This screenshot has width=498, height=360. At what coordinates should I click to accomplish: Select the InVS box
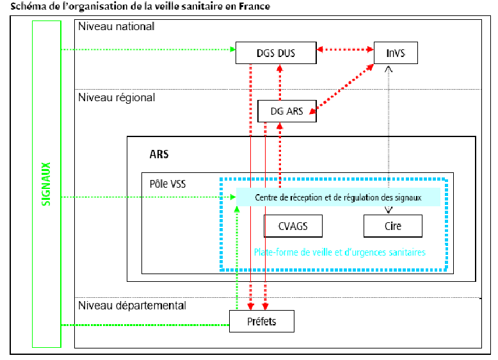pyautogui.click(x=396, y=53)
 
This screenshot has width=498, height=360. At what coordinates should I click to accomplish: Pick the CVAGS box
pyautogui.click(x=293, y=226)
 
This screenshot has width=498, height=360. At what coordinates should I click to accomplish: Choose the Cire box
pyautogui.click(x=393, y=226)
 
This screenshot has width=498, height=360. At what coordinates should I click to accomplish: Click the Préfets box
pyautogui.click(x=262, y=321)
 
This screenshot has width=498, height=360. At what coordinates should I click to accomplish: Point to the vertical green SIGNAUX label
pyautogui.click(x=46, y=184)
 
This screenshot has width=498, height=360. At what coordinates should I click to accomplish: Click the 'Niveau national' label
pyautogui.click(x=116, y=27)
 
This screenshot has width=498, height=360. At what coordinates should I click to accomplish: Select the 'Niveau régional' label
pyautogui.click(x=116, y=98)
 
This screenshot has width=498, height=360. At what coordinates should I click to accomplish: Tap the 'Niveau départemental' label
pyautogui.click(x=132, y=306)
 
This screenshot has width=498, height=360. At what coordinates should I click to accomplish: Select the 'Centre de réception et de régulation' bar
pyautogui.click(x=338, y=197)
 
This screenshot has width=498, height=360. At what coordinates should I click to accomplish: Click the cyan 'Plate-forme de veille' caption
pyautogui.click(x=339, y=252)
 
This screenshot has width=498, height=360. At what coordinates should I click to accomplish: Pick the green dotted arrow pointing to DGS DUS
pyautogui.click(x=147, y=49)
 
